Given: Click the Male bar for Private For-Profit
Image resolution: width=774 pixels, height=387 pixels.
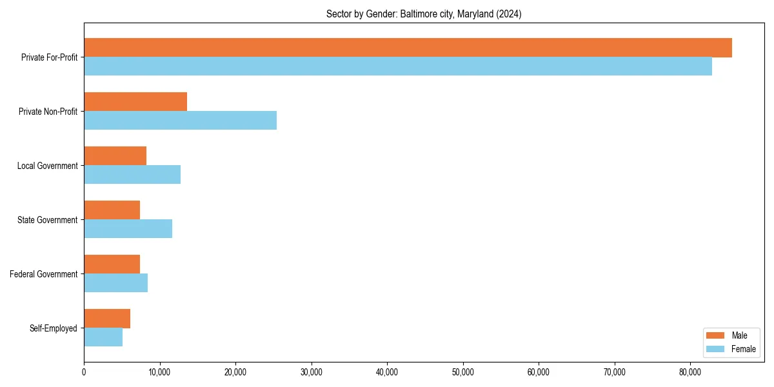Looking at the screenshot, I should (x=408, y=48).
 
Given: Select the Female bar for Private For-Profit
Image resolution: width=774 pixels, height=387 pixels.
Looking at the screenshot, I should (x=398, y=66).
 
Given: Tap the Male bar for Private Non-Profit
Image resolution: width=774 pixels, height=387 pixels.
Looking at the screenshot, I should (x=135, y=102).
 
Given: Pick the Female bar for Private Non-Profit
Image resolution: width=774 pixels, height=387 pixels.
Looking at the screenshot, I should (x=180, y=121).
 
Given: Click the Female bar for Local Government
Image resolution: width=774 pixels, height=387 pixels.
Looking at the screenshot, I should (x=132, y=175).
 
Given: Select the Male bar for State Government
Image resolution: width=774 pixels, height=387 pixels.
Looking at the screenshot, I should (x=112, y=210).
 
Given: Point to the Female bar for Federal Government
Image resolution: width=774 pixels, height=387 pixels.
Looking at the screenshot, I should (x=115, y=283).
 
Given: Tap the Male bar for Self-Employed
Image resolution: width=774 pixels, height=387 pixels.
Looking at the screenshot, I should (x=107, y=319).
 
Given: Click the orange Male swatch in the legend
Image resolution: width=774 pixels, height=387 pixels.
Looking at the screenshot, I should (x=715, y=335).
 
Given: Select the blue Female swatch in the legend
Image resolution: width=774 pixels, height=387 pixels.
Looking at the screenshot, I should (x=715, y=349).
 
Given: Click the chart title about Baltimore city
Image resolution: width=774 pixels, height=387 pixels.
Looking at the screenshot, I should (x=424, y=14).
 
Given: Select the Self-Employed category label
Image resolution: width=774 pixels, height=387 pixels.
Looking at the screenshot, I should (x=54, y=328).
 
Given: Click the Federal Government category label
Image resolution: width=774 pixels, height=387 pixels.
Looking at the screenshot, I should (x=44, y=274).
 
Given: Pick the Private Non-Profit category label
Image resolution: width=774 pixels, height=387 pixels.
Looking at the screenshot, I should (x=48, y=112).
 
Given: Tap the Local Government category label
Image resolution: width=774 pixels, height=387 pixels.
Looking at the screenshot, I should (x=47, y=166).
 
